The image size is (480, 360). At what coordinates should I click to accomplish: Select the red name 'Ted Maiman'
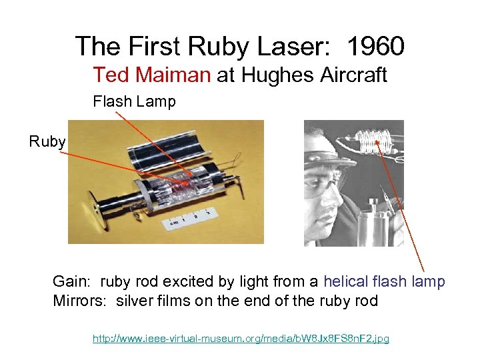pos(151,75)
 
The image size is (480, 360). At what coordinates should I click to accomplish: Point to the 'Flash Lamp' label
pos(134,102)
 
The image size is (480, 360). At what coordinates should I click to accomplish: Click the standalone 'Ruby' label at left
pos(47,141)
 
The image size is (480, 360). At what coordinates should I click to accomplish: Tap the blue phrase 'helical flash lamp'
pos(384,281)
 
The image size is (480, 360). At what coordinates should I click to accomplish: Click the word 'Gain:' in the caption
pos(71,281)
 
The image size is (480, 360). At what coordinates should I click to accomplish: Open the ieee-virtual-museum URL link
pos(241,339)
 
